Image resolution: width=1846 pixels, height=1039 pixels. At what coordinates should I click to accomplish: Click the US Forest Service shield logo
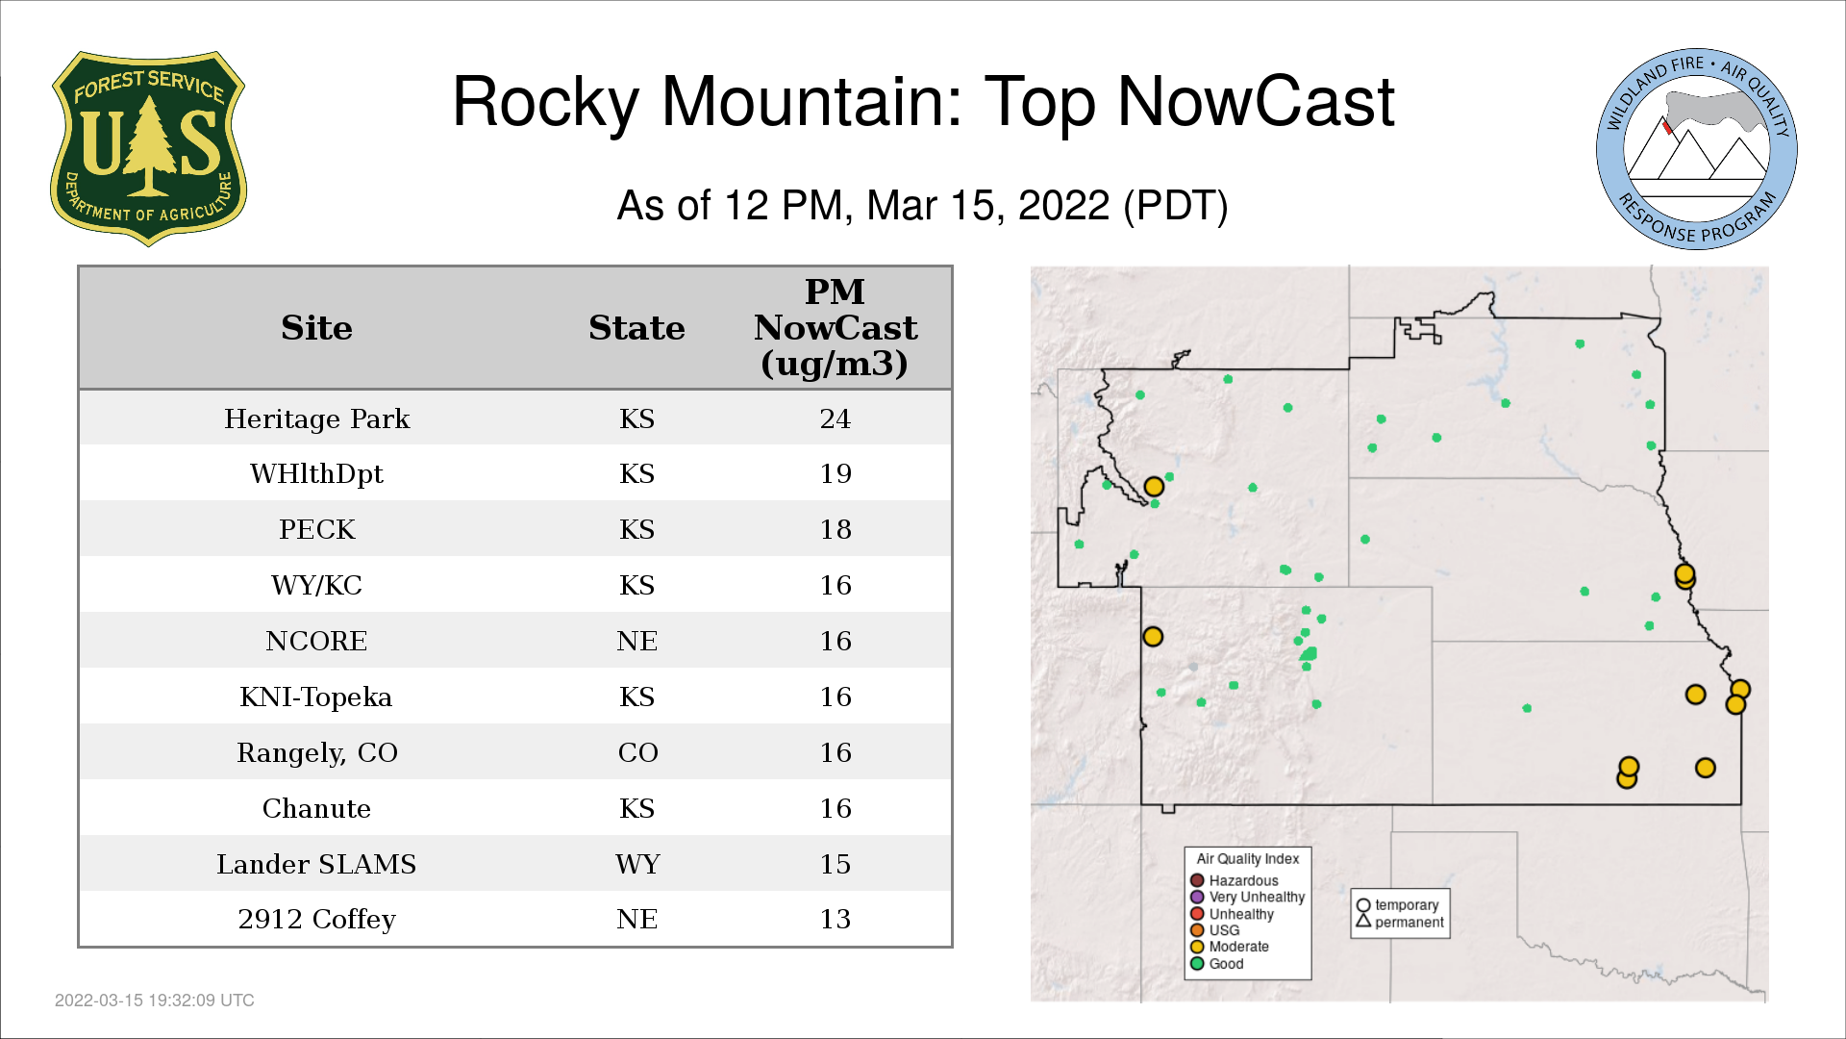tap(148, 148)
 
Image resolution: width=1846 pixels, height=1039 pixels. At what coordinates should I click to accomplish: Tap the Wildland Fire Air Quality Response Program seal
tap(1697, 149)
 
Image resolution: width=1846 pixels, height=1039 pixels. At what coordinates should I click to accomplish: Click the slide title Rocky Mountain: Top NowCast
tap(923, 102)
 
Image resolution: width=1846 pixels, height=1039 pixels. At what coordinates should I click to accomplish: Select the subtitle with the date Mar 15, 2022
tap(923, 206)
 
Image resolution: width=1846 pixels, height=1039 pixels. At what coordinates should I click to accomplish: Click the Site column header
tap(316, 328)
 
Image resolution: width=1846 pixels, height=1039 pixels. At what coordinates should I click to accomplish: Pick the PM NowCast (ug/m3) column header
tap(836, 327)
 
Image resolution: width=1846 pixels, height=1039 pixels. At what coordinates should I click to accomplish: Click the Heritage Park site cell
tap(316, 419)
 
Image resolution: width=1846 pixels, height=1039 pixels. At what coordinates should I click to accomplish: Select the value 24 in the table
tap(836, 418)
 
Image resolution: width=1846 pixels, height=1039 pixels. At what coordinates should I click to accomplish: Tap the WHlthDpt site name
tap(316, 474)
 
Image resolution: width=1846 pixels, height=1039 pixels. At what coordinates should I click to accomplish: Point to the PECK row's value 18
tap(836, 529)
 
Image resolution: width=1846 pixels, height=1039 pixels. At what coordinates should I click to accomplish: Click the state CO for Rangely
tap(637, 752)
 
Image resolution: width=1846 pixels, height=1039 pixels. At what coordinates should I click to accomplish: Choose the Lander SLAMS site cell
tap(316, 864)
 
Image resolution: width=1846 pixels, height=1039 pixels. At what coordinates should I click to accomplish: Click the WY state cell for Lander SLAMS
tap(637, 864)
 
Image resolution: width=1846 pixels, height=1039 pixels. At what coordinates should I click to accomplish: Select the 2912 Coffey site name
tap(316, 920)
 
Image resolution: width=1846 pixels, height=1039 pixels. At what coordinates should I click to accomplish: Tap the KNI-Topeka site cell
tap(316, 697)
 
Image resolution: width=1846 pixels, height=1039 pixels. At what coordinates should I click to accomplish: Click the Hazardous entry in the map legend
tap(1235, 880)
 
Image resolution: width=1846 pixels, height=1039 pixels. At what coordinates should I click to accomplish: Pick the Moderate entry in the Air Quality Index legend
tap(1230, 947)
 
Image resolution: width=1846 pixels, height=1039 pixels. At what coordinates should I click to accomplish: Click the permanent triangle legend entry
tap(1400, 922)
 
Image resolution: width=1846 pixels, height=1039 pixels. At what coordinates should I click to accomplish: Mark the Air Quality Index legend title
tap(1248, 859)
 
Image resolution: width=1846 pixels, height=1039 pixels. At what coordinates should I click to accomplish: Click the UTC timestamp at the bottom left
tap(155, 1001)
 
